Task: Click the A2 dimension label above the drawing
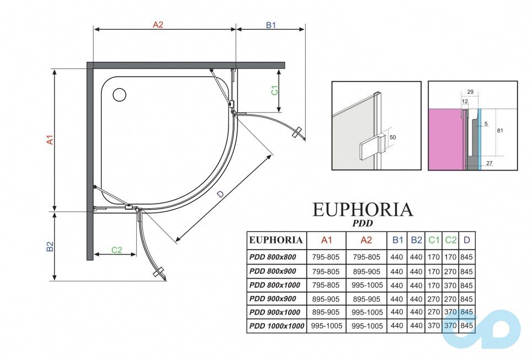pyautogui.click(x=158, y=24)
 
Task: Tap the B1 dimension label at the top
pyautogui.click(x=270, y=24)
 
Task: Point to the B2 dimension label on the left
pyautogui.click(x=49, y=246)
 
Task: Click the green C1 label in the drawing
pyautogui.click(x=274, y=90)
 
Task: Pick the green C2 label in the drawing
pyautogui.click(x=116, y=250)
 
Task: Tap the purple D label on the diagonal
pyautogui.click(x=220, y=194)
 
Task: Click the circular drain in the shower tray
pyautogui.click(x=119, y=94)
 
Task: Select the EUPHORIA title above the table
pyautogui.click(x=363, y=210)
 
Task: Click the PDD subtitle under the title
pyautogui.click(x=363, y=224)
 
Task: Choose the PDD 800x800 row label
pyautogui.click(x=273, y=257)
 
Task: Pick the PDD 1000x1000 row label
pyautogui.click(x=276, y=326)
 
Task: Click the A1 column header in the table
pyautogui.click(x=326, y=240)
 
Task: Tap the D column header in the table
pyautogui.click(x=467, y=240)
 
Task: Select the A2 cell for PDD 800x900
pyautogui.click(x=366, y=271)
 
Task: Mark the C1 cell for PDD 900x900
pyautogui.click(x=434, y=299)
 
